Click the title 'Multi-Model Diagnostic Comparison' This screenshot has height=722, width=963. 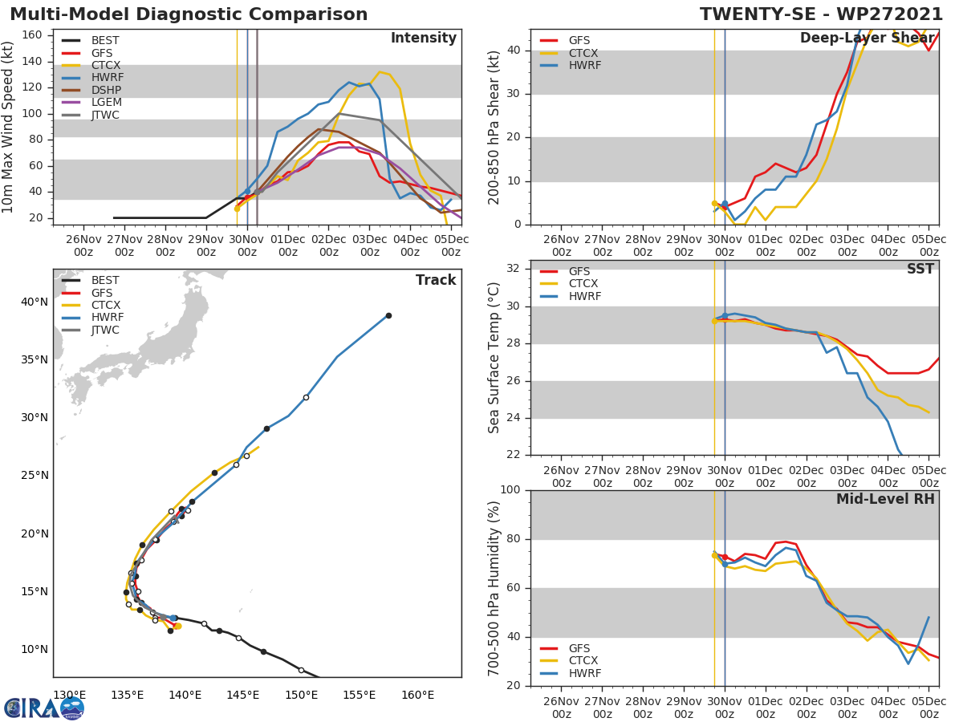click(189, 14)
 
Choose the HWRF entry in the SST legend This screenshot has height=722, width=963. click(584, 297)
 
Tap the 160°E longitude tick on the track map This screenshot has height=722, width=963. click(417, 695)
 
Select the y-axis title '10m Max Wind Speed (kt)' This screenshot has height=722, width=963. click(9, 127)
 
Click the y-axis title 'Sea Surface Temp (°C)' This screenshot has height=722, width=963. click(495, 358)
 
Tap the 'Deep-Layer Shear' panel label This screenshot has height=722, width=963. click(867, 39)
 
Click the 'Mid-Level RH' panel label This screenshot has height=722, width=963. click(885, 499)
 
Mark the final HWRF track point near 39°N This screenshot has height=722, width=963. click(388, 315)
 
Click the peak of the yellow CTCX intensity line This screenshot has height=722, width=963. click(380, 72)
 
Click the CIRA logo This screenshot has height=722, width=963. click(44, 708)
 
